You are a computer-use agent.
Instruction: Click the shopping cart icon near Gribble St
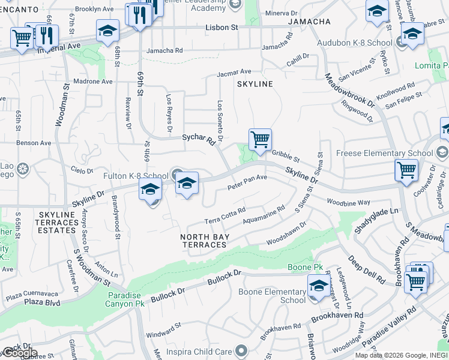pos(260,140)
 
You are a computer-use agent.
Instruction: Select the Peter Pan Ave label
pos(247,182)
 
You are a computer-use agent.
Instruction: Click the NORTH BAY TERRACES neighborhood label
pos(205,241)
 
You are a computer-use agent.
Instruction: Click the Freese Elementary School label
pos(385,153)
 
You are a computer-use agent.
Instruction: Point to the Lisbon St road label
pos(221,28)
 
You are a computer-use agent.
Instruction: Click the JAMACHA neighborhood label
pos(309,22)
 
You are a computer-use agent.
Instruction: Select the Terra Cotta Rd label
pos(225,215)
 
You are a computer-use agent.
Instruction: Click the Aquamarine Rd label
pos(264,217)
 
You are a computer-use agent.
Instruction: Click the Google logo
pos(19,353)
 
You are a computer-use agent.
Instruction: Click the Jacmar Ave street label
pos(234,72)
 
